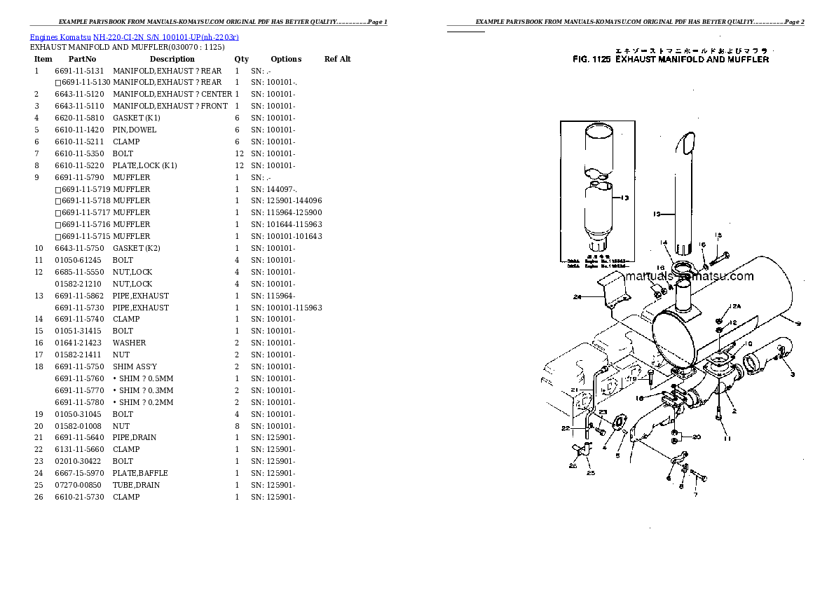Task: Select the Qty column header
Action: coord(241,60)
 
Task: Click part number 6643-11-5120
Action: coord(79,95)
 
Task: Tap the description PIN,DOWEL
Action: coord(135,130)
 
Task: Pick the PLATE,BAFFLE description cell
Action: coord(140,474)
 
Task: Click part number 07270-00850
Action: coord(78,486)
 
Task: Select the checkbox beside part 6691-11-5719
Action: coord(57,190)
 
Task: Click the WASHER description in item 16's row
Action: coord(129,343)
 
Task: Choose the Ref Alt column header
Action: coord(337,60)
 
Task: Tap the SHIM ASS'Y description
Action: coord(135,367)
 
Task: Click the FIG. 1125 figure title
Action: coord(670,60)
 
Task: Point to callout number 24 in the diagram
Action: coord(577,297)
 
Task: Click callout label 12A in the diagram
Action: coord(734,307)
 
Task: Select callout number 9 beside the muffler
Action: coord(798,323)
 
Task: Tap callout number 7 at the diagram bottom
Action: coord(695,495)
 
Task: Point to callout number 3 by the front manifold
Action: coord(792,375)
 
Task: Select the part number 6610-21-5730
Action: coord(78,498)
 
